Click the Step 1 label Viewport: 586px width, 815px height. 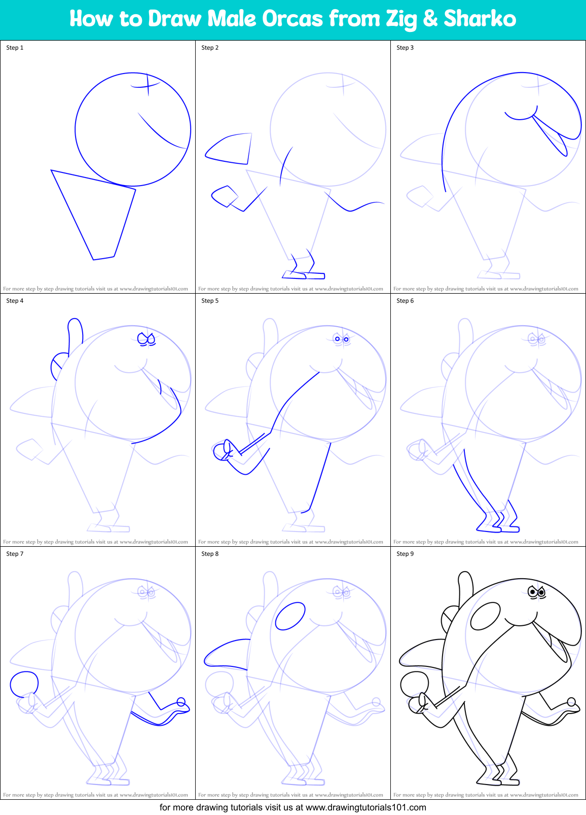(x=15, y=48)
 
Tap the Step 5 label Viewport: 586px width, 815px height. (x=210, y=301)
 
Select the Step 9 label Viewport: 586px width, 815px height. (x=405, y=553)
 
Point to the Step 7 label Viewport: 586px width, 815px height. (x=15, y=553)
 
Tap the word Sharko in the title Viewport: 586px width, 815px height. (x=480, y=19)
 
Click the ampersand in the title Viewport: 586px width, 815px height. (x=430, y=19)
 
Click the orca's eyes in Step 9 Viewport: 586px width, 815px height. (x=537, y=592)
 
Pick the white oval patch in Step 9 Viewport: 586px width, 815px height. (x=485, y=616)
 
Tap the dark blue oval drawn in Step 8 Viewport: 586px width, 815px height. (x=290, y=616)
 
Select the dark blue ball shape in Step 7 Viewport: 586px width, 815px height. (x=24, y=684)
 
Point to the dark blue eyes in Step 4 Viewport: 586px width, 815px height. (x=146, y=339)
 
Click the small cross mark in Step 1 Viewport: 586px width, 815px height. (x=146, y=85)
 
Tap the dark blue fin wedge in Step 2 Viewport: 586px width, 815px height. (x=229, y=149)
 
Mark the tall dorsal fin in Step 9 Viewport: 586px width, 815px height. (x=465, y=586)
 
